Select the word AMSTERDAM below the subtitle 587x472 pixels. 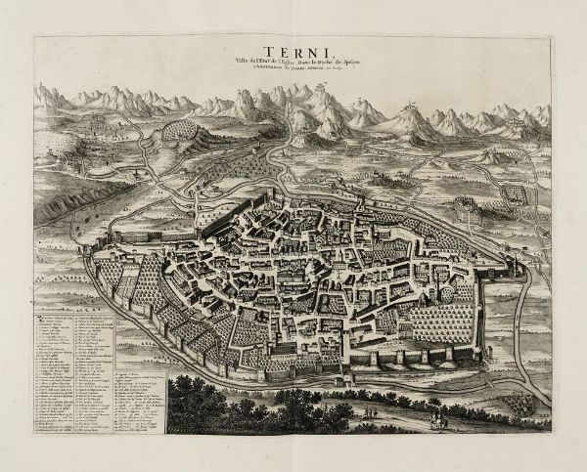[261, 65]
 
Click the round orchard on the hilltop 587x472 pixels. [181, 131]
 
